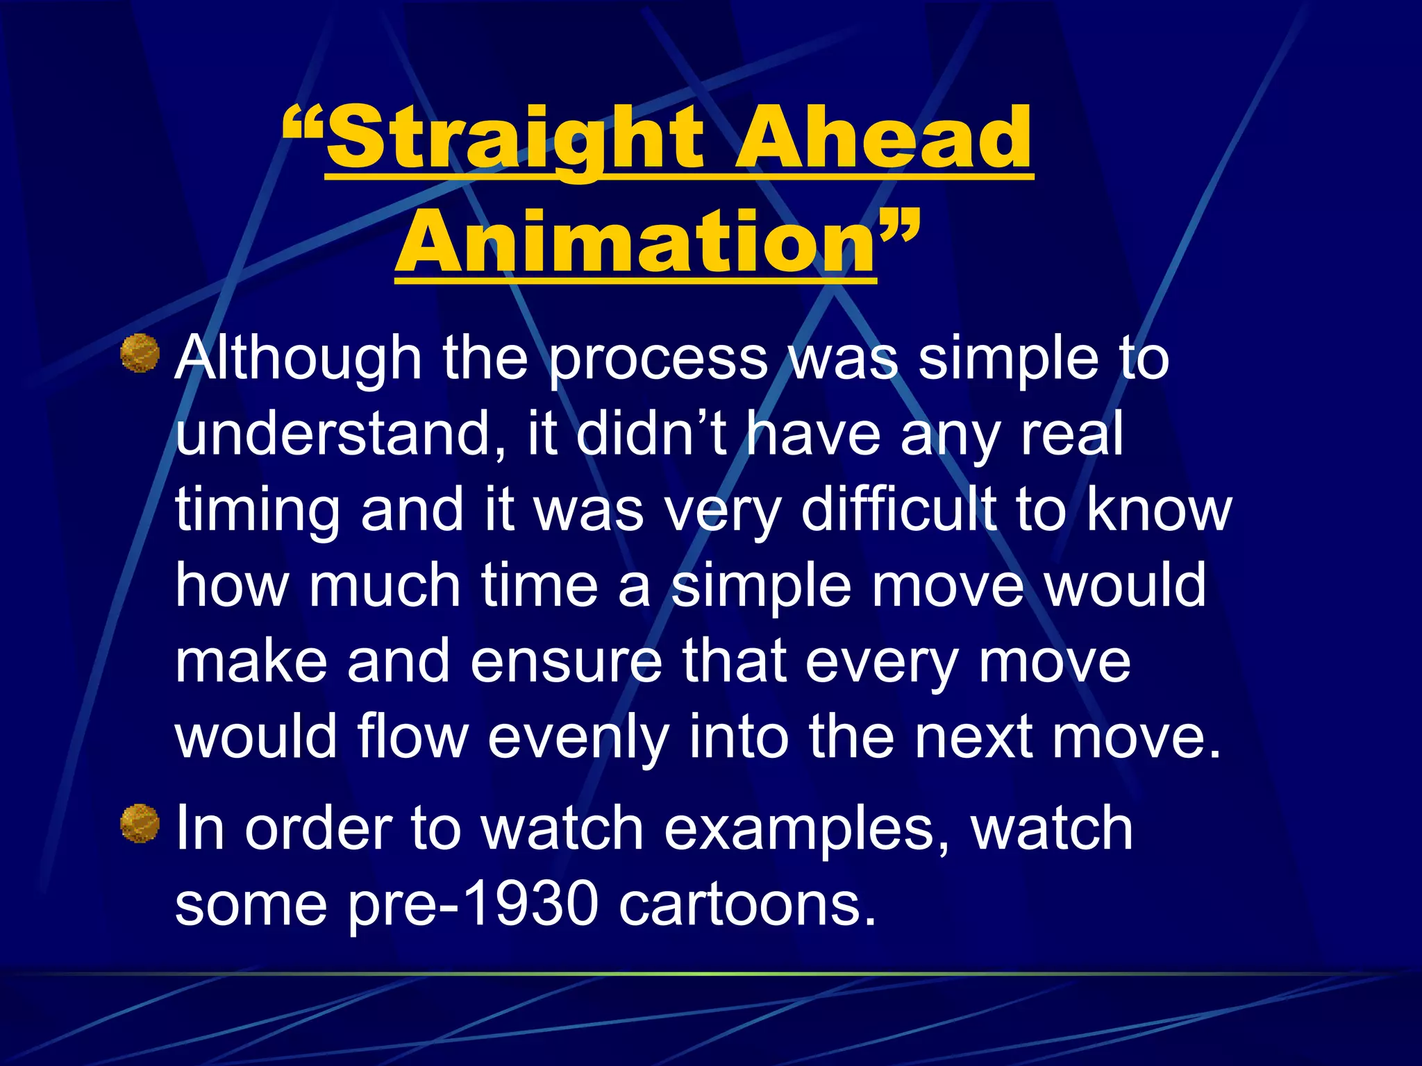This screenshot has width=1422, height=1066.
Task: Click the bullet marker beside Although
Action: coord(140,354)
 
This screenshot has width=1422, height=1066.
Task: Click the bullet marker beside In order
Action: coord(140,824)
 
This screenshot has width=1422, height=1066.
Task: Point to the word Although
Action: coord(299,359)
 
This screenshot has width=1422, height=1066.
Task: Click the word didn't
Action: coord(651,434)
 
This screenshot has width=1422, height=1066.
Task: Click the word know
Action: coord(1160,509)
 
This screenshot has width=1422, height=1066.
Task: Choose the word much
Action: coord(385,585)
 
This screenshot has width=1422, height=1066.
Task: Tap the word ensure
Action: coord(567,661)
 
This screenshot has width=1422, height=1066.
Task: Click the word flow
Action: coord(413,736)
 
